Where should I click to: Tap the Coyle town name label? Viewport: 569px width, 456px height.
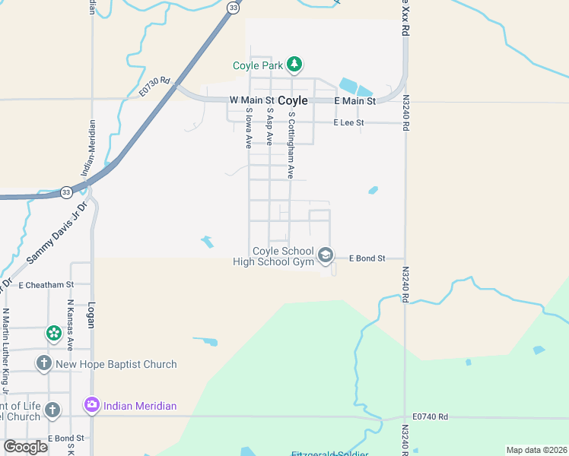click(293, 100)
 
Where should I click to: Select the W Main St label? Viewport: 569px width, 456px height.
click(251, 100)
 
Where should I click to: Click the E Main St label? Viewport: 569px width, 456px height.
click(355, 101)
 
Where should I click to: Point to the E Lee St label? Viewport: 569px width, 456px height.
click(349, 122)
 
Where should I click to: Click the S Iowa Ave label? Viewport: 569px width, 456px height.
click(249, 128)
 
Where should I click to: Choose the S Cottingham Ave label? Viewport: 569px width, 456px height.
click(291, 145)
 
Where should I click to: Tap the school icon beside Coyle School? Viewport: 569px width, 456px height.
click(326, 255)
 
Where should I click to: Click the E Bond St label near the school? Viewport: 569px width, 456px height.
click(367, 258)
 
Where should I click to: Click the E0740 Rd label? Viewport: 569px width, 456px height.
click(431, 416)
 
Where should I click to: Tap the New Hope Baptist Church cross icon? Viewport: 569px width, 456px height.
click(44, 364)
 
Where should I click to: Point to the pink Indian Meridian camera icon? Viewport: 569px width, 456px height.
click(92, 406)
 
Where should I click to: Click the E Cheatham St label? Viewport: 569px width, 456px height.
click(45, 285)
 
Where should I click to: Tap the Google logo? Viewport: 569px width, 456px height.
click(25, 447)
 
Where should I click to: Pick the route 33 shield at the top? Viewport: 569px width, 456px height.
click(234, 8)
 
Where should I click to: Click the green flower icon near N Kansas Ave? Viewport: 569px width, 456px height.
click(53, 333)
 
